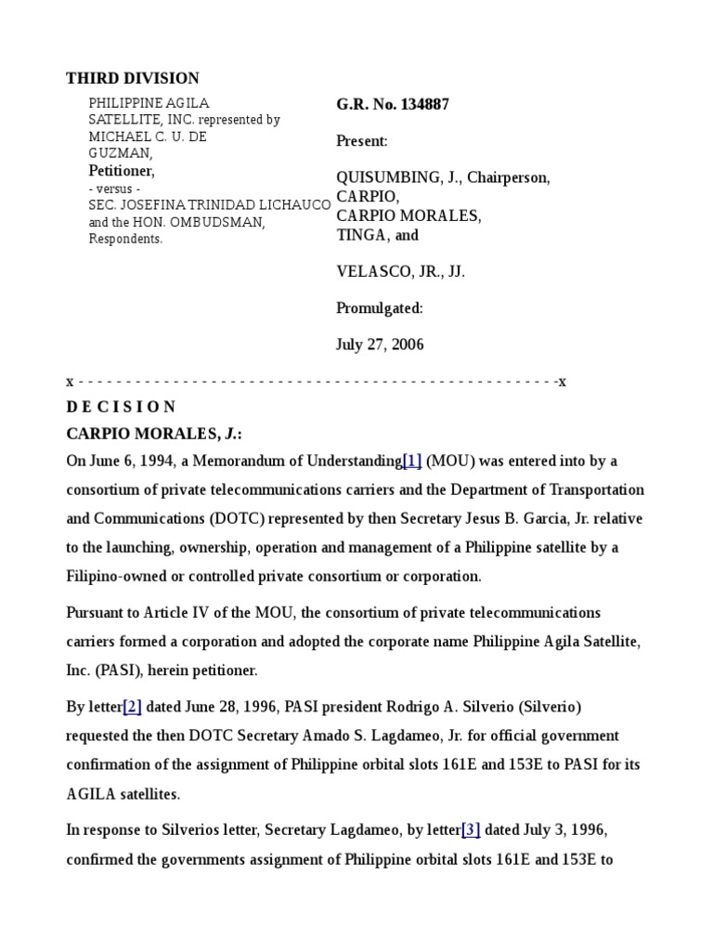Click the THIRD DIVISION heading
132,78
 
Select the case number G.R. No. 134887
393,104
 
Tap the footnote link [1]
412,462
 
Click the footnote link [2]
132,707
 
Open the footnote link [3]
471,829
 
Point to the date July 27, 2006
380,345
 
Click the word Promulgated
379,307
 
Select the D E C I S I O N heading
121,407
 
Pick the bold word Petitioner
121,171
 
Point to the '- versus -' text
115,189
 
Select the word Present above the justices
361,141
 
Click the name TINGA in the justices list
358,235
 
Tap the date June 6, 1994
129,462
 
